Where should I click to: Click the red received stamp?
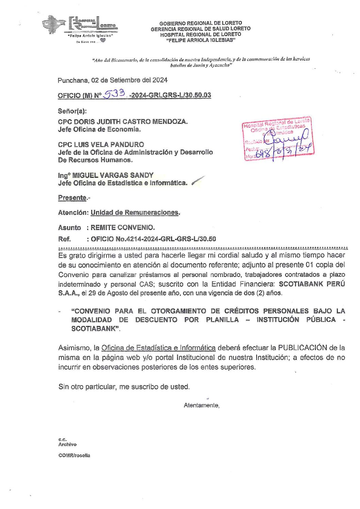coord(278,139)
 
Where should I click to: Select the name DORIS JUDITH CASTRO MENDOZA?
coord(131,121)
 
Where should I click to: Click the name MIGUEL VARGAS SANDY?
coord(113,175)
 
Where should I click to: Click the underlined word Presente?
coord(72,198)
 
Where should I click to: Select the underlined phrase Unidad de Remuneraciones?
coord(134,213)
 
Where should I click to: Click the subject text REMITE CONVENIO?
coord(122,228)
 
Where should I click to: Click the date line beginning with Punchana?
coord(112,80)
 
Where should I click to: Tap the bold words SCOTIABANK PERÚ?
coord(312,284)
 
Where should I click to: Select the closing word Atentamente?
coord(201,405)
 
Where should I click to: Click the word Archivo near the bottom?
coord(67,444)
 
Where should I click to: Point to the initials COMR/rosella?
coord(74,456)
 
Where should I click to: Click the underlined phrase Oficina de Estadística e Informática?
coord(158,348)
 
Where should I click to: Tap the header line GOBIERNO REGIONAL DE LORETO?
coord(201,23)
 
